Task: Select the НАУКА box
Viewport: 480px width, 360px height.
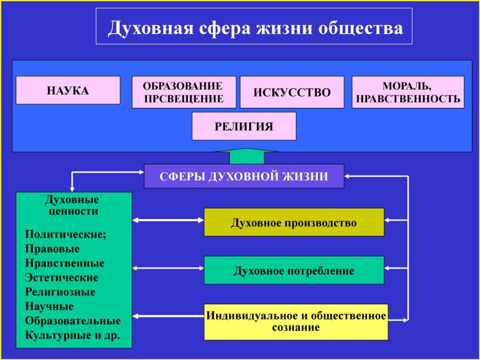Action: coord(68,90)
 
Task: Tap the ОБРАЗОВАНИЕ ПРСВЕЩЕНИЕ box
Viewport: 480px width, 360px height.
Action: coord(184,93)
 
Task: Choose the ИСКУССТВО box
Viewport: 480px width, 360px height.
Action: coord(291,93)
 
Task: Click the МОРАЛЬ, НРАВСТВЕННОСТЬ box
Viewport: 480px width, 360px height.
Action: coord(408,93)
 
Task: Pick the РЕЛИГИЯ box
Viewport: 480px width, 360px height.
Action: coord(243,126)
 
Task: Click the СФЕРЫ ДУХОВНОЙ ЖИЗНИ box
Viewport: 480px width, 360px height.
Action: coord(243,176)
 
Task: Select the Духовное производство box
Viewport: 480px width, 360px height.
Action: coord(294,222)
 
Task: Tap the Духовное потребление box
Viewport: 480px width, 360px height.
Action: coord(294,271)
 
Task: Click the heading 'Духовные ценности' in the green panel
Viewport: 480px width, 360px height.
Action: coord(72,205)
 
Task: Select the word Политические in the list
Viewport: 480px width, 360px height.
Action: coord(65,234)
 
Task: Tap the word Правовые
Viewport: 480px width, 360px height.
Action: coord(53,249)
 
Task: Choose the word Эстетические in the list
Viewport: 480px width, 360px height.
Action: coord(62,278)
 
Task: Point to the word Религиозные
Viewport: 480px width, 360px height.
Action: coord(60,292)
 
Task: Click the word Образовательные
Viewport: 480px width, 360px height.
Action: coord(73,321)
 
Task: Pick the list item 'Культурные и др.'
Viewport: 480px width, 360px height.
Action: coord(72,336)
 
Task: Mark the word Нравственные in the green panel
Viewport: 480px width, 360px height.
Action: coord(64,264)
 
